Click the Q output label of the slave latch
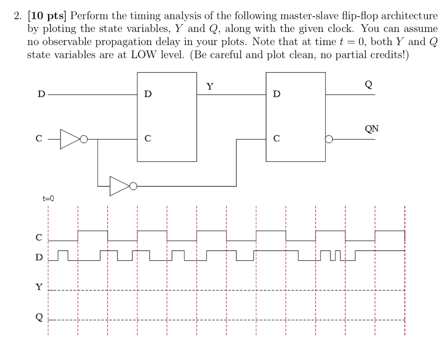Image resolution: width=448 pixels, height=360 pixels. [x=369, y=85]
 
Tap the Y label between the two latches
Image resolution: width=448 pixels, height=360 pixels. [x=210, y=86]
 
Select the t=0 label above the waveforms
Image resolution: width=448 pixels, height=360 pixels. [x=48, y=198]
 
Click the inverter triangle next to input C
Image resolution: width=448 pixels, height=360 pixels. [x=69, y=139]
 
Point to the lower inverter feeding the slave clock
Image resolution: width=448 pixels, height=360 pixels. [x=119, y=186]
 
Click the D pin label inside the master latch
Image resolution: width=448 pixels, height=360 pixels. [x=148, y=94]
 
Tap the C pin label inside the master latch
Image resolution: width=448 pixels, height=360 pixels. [x=148, y=140]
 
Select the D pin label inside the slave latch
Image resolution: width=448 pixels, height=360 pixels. [x=276, y=94]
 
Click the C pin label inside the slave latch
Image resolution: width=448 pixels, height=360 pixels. [x=276, y=140]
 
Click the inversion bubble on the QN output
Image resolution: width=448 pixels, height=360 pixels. [x=329, y=140]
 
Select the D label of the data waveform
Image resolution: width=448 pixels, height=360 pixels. [x=39, y=257]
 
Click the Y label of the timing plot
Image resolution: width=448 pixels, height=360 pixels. [x=39, y=287]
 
